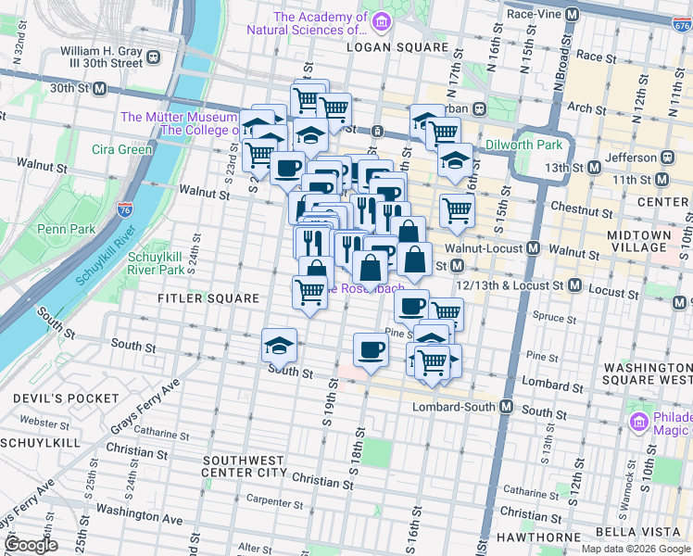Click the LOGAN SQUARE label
[x=383, y=45]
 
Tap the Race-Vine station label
[x=538, y=14]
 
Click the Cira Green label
[x=121, y=149]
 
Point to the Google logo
[x=30, y=545]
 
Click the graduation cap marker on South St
[x=279, y=346]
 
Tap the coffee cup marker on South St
[x=371, y=350]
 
